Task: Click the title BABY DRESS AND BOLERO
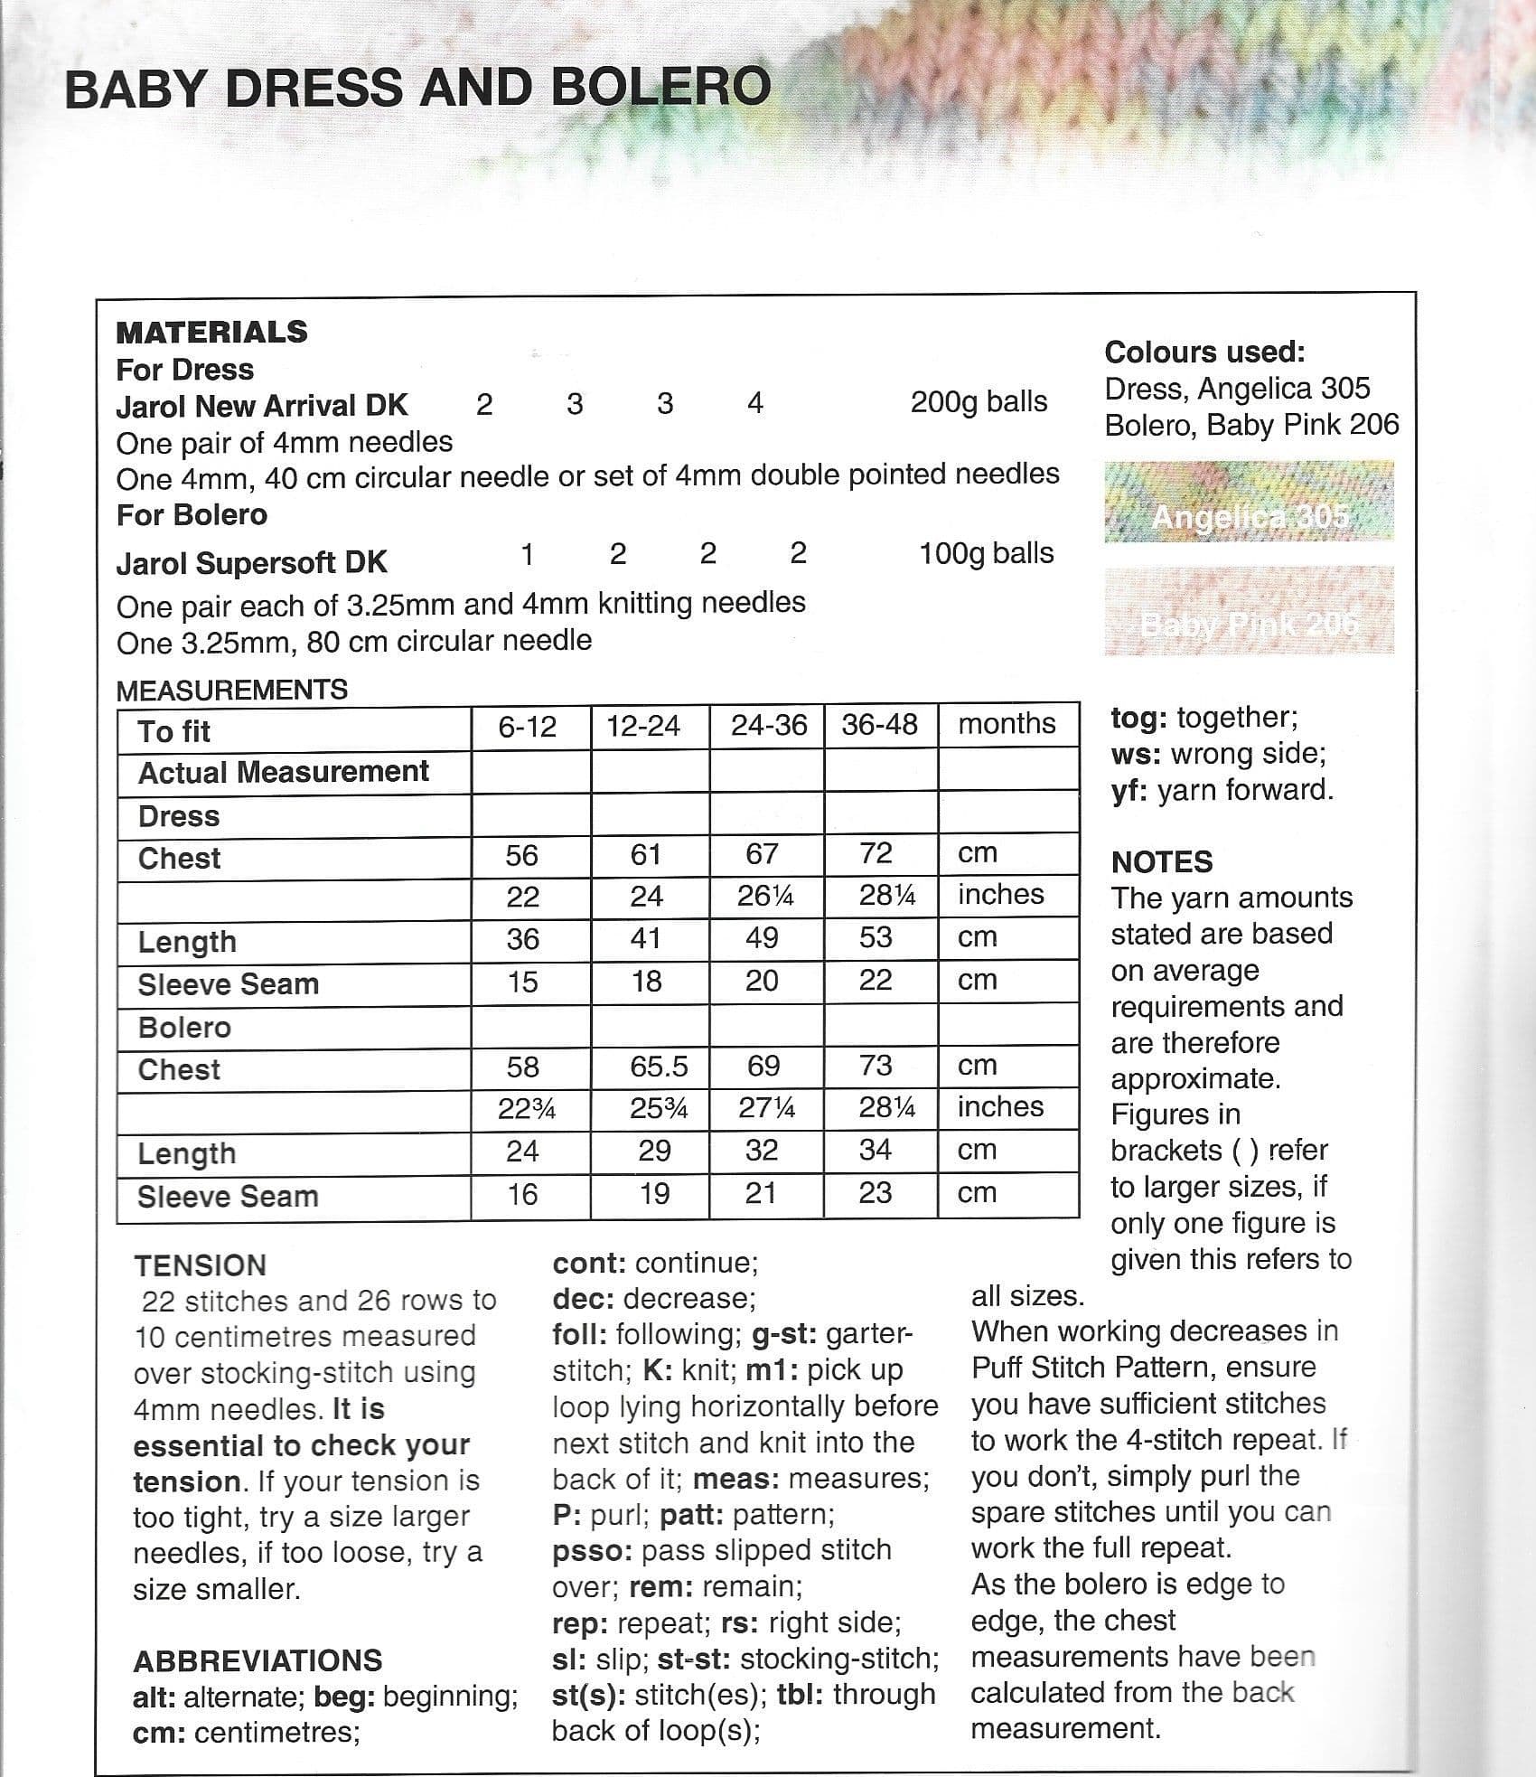[x=417, y=89]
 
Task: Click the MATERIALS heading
[x=211, y=332]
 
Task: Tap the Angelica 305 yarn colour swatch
[x=1249, y=503]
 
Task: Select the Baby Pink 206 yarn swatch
[x=1249, y=610]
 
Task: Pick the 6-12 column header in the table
[x=528, y=726]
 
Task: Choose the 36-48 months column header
[x=879, y=724]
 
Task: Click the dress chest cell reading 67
[x=762, y=854]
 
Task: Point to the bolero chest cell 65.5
[x=659, y=1067]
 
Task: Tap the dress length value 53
[x=876, y=937]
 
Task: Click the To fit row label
[x=173, y=731]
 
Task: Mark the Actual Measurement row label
[x=283, y=772]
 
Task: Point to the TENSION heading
[x=200, y=1265]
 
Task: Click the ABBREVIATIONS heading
[x=258, y=1660]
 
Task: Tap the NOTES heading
[x=1162, y=861]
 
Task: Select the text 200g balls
[x=979, y=402]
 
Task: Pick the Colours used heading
[x=1204, y=352]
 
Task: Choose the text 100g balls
[x=986, y=553]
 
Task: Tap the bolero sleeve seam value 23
[x=876, y=1193]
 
